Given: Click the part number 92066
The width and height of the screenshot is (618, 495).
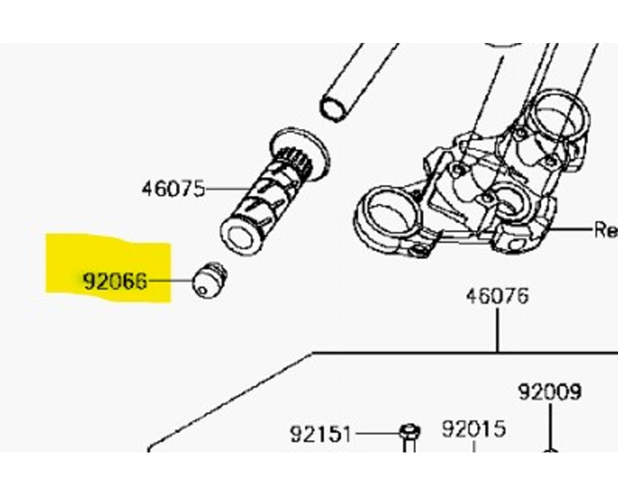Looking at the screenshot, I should [114, 281].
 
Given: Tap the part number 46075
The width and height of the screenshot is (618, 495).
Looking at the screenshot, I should [173, 188].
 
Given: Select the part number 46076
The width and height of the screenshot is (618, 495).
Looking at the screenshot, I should [497, 296].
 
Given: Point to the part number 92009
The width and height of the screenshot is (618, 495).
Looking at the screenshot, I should [549, 392].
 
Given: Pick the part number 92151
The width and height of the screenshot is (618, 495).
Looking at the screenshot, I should [321, 434].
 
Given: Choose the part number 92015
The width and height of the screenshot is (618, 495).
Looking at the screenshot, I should [474, 428].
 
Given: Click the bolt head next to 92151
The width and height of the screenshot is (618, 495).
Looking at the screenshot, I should [409, 430].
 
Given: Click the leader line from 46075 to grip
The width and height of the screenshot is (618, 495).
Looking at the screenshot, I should [227, 188].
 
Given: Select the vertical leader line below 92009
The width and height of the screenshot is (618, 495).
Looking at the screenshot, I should [549, 425].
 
